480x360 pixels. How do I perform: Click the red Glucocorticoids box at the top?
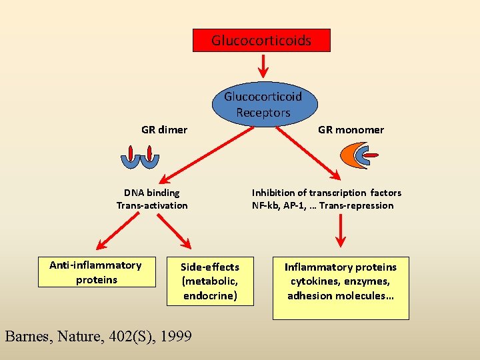click(x=261, y=41)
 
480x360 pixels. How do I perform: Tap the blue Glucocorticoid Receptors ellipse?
click(x=263, y=104)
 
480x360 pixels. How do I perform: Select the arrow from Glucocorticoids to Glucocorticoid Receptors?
click(x=263, y=65)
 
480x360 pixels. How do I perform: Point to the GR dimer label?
click(x=164, y=129)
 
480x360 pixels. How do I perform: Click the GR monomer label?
click(x=351, y=130)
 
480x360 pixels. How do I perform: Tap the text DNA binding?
click(x=151, y=193)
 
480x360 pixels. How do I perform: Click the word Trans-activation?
click(x=152, y=205)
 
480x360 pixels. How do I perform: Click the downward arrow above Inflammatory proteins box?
click(x=341, y=233)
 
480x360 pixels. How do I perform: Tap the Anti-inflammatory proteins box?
click(x=95, y=273)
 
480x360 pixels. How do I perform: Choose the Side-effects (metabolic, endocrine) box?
click(x=210, y=281)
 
